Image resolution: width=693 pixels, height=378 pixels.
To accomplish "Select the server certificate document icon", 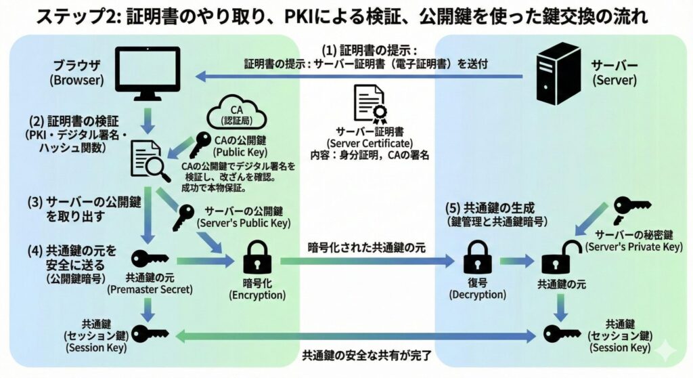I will click(369, 104).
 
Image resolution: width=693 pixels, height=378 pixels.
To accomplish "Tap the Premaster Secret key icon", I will click(149, 259).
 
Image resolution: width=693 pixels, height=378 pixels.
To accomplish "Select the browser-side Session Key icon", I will click(150, 333).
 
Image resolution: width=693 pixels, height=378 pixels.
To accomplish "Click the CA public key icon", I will click(200, 144).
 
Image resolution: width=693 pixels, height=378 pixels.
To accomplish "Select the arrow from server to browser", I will click(359, 76).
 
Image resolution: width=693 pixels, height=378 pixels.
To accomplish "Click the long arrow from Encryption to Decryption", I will click(365, 261).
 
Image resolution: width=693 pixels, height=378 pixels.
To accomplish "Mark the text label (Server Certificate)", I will click(368, 144).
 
